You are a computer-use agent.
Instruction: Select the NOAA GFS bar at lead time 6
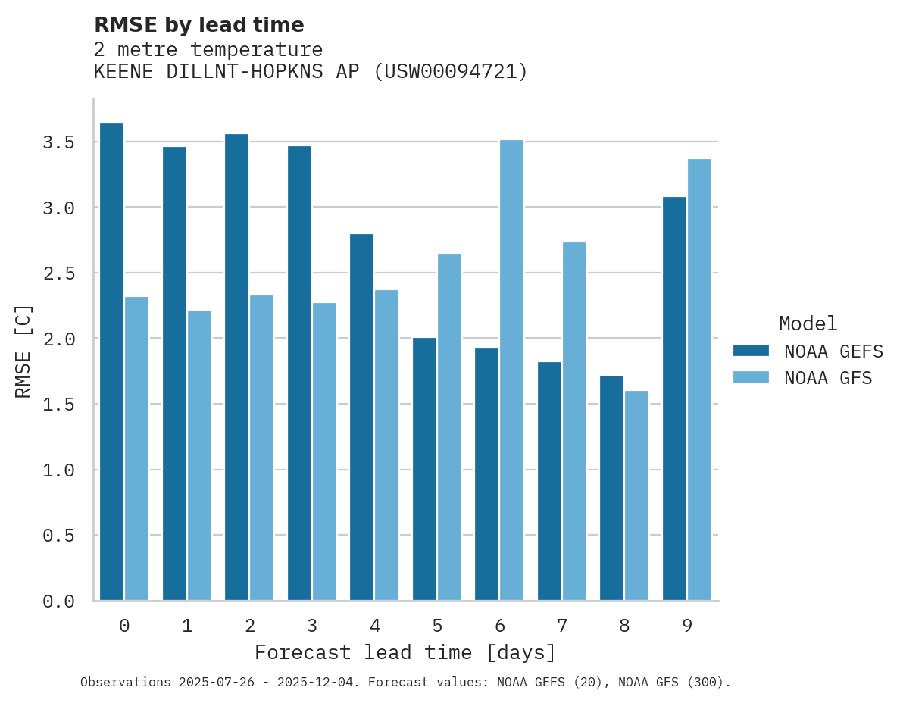pos(511,370)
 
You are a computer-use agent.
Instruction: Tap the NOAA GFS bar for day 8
pos(636,495)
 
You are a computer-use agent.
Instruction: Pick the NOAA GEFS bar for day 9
pos(674,398)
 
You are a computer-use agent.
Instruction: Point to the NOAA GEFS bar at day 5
pos(424,469)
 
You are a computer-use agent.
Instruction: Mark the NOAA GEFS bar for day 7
pos(549,481)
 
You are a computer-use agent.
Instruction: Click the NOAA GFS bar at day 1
pos(199,455)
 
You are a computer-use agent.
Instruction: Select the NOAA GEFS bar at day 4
pos(361,417)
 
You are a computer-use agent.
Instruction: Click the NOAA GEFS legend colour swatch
pos(751,351)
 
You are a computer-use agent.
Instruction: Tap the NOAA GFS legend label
pos(828,378)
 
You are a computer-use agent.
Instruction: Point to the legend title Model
pos(808,324)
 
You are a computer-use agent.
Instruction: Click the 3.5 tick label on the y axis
pos(58,142)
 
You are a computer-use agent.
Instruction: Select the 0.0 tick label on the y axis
pos(58,601)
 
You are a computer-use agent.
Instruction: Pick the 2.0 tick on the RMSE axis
pos(58,339)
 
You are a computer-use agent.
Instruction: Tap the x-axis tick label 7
pos(561,626)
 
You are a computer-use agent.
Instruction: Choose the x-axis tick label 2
pos(249,626)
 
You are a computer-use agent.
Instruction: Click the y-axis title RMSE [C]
pos(23,351)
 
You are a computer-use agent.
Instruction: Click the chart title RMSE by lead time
pos(198,25)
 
